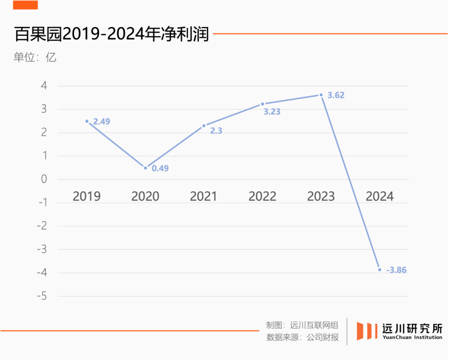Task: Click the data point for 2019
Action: (87, 121)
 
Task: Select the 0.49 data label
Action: (160, 168)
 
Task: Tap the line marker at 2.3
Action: (204, 126)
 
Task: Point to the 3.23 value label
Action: (272, 111)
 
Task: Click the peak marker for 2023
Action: (321, 95)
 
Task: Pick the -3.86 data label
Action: (396, 270)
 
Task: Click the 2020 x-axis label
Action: (145, 196)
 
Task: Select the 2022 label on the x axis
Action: (262, 196)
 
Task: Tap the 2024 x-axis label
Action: (380, 196)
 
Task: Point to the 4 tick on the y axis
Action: (44, 86)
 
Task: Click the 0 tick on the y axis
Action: (44, 180)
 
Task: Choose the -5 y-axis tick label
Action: (42, 296)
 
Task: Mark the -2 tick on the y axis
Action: (42, 226)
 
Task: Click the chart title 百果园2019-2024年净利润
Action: (111, 34)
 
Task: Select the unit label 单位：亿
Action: (35, 57)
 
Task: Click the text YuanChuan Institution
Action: (412, 338)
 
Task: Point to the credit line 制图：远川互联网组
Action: (302, 325)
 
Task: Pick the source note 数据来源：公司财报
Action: (302, 337)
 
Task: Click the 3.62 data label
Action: (336, 95)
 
